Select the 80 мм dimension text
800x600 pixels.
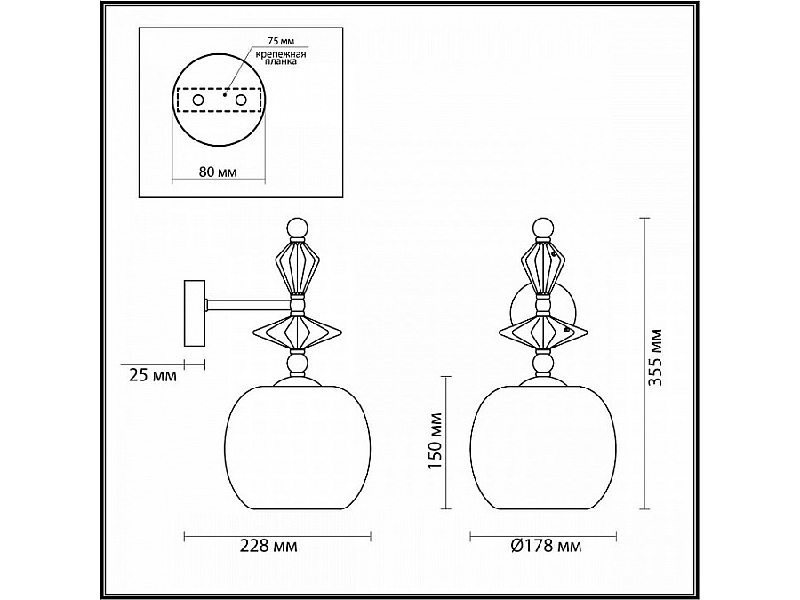pos(219,172)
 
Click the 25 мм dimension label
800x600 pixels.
pos(150,376)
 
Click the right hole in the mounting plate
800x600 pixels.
pos(240,100)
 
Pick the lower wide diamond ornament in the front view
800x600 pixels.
pos(542,334)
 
